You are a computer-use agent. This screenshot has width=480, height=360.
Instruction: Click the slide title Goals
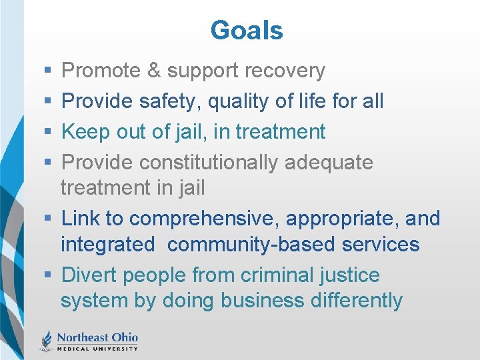(x=247, y=31)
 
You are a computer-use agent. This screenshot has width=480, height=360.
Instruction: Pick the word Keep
(x=83, y=131)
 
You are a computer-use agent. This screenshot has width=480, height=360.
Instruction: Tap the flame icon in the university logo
(x=47, y=339)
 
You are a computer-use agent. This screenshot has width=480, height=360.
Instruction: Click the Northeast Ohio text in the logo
(x=97, y=336)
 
